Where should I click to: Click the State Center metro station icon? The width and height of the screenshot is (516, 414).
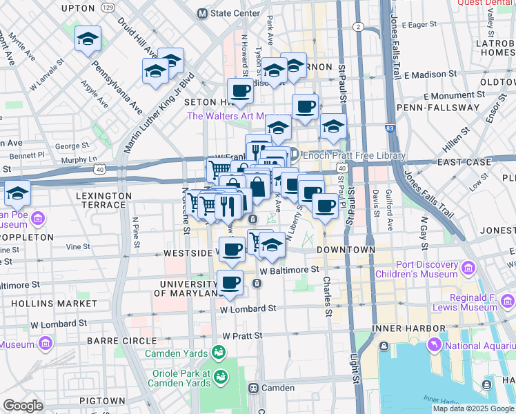click(x=203, y=13)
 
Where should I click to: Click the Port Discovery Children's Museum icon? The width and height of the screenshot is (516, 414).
click(x=468, y=267)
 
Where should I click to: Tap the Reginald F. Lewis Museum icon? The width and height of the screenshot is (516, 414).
click(x=508, y=301)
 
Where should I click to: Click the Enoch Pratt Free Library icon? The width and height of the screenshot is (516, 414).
click(x=293, y=155)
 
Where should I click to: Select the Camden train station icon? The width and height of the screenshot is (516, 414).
click(x=254, y=388)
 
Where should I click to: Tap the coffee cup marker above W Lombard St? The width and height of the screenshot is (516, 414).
click(x=230, y=282)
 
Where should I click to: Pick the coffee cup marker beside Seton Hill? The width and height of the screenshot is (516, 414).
click(x=240, y=90)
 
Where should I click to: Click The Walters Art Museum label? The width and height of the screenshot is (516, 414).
click(x=239, y=116)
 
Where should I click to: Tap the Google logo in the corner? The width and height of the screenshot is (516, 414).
click(x=23, y=406)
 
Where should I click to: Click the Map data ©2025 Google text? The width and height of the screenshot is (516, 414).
click(x=473, y=408)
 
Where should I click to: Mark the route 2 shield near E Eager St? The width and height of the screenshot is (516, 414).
click(x=357, y=27)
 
